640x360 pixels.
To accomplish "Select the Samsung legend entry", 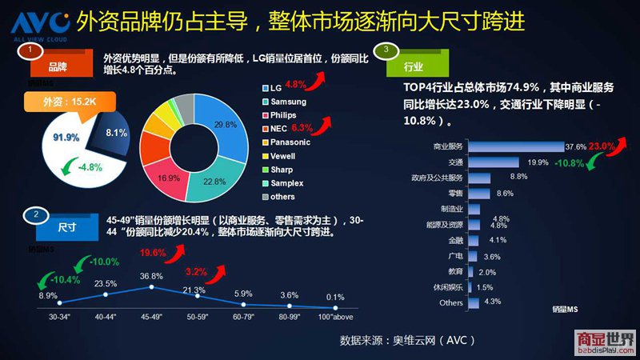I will [x=293, y=102].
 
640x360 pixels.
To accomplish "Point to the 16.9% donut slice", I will [x=167, y=178].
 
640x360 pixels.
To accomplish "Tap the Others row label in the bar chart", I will [x=451, y=302].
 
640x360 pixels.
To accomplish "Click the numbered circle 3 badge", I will [x=386, y=50].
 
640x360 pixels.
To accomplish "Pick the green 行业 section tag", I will [x=415, y=66].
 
